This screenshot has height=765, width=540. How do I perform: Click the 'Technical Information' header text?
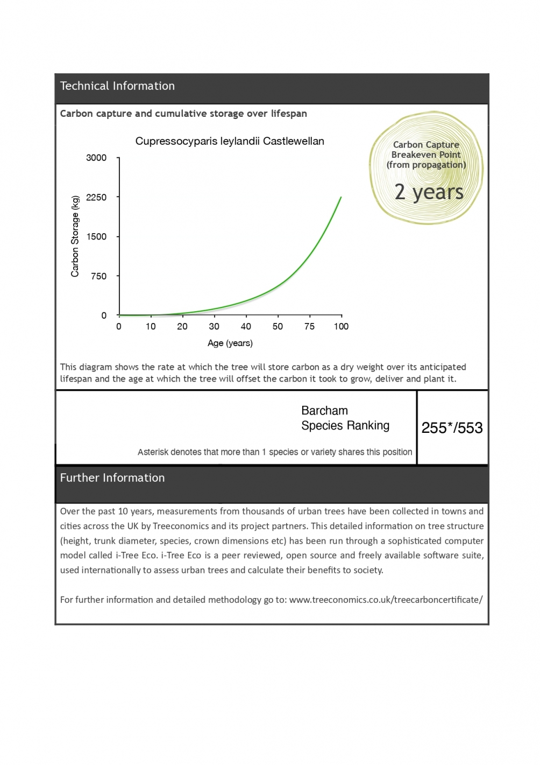pos(117,86)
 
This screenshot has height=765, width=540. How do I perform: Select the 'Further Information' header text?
pos(112,478)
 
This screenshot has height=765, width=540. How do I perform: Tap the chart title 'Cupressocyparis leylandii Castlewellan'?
pos(230,142)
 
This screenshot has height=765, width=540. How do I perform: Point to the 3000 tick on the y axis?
pos(96,158)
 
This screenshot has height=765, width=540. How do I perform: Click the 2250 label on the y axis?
pos(96,198)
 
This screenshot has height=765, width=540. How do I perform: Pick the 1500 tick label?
pos(96,237)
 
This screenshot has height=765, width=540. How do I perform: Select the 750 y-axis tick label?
pos(99,276)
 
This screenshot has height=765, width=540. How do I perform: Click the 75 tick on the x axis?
pos(309,326)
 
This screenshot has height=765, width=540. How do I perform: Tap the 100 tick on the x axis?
pos(341,326)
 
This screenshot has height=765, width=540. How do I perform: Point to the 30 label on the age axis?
pos(214,326)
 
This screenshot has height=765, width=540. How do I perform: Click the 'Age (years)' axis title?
pos(230,343)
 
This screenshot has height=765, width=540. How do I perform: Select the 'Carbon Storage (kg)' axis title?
pos(75,236)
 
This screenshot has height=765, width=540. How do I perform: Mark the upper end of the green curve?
pos(341,198)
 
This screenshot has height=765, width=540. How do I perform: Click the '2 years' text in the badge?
pos(429,192)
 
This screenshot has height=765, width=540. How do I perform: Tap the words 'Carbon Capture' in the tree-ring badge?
pos(426,145)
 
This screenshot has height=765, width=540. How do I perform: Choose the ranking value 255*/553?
pos(452,428)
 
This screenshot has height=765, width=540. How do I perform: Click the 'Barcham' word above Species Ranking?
pos(324,411)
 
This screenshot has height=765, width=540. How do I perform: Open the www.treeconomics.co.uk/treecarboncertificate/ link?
pos(386,600)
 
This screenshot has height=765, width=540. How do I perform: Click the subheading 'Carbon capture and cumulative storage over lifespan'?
pos(183,114)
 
